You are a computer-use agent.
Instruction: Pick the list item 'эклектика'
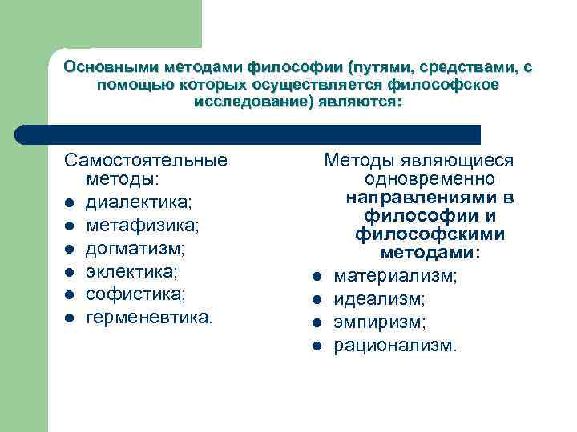[131, 272]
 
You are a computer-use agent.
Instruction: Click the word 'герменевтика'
[148, 318]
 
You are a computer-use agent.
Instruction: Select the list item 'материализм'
[395, 277]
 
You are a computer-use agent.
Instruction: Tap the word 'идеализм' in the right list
[379, 300]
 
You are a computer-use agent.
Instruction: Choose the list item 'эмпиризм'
[380, 323]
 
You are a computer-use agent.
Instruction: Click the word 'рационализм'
[396, 346]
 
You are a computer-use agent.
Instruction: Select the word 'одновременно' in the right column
[430, 178]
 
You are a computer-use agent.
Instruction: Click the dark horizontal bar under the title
[248, 134]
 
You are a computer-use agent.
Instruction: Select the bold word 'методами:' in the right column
[430, 253]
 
